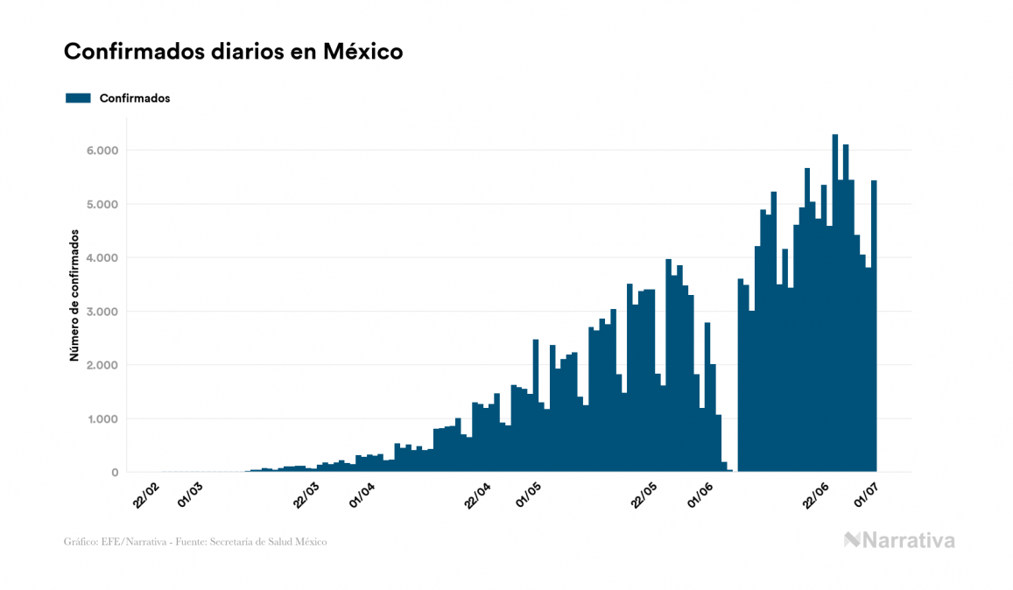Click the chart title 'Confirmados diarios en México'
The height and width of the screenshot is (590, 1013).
(233, 52)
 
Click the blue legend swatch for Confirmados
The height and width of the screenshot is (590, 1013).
(78, 98)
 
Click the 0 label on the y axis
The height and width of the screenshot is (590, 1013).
(114, 473)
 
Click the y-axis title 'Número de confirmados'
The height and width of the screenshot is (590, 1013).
(75, 295)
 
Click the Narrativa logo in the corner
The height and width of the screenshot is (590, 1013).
(899, 540)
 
